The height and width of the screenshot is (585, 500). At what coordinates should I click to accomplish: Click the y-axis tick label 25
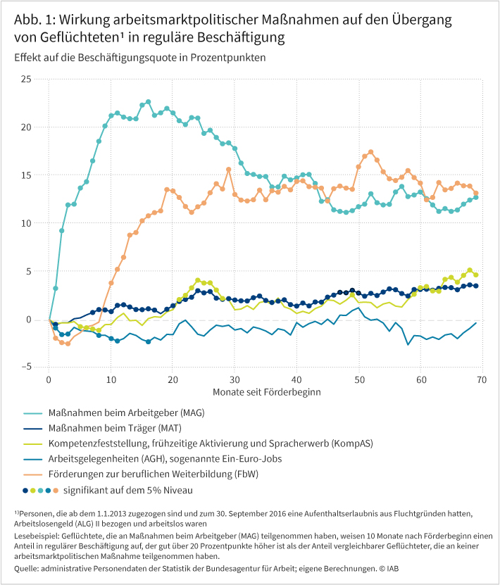pyautogui.click(x=25, y=80)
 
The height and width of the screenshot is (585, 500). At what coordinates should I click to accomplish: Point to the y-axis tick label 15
pyautogui.click(x=25, y=175)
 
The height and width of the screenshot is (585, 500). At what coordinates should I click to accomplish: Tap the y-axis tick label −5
pyautogui.click(x=25, y=367)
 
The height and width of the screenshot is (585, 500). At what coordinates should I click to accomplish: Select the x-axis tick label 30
pyautogui.click(x=235, y=379)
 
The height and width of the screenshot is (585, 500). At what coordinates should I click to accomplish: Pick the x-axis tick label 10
pyautogui.click(x=111, y=379)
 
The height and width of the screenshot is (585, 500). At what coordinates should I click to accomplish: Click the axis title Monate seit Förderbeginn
pyautogui.click(x=265, y=391)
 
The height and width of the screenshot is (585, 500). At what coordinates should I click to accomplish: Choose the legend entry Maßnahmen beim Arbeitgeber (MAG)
pyautogui.click(x=127, y=413)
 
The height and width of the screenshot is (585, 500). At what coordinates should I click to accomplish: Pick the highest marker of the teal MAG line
pyautogui.click(x=148, y=102)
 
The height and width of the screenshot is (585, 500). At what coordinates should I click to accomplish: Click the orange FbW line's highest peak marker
pyautogui.click(x=370, y=152)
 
